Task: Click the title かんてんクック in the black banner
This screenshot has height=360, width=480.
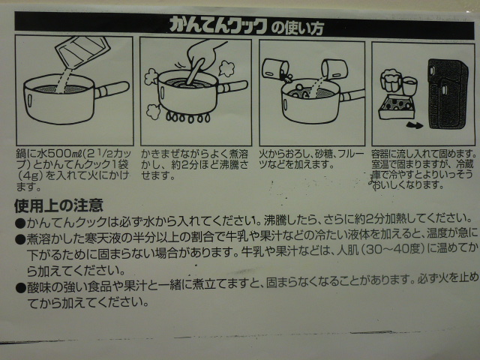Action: pyautogui.click(x=218, y=25)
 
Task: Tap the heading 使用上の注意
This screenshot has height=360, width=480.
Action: pyautogui.click(x=58, y=205)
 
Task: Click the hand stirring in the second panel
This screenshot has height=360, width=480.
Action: pyautogui.click(x=204, y=58)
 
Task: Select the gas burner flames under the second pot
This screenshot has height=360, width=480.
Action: pyautogui.click(x=188, y=117)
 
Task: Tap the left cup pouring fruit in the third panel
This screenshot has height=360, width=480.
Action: pyautogui.click(x=275, y=69)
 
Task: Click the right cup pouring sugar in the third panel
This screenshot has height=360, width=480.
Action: pyautogui.click(x=334, y=68)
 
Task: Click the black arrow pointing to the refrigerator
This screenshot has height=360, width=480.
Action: pyautogui.click(x=415, y=125)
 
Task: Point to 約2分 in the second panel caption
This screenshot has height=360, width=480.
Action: pyautogui.click(x=185, y=165)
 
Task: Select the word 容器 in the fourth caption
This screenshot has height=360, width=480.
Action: pyautogui.click(x=380, y=153)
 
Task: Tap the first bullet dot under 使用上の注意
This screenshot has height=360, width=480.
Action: pyautogui.click(x=19, y=223)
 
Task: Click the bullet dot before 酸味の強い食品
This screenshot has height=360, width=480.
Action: pyautogui.click(x=20, y=288)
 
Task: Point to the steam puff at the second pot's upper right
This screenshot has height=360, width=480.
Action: pyautogui.click(x=226, y=68)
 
